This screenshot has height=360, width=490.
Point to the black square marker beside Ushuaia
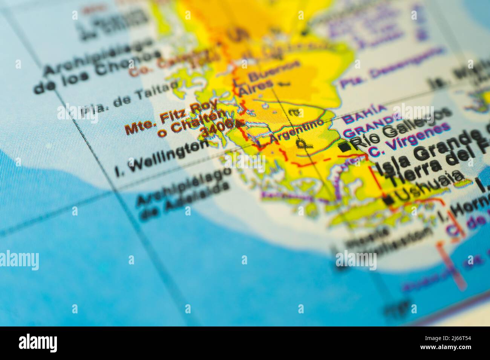coord(389,200)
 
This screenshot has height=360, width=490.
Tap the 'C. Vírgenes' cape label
coord(409,140)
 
